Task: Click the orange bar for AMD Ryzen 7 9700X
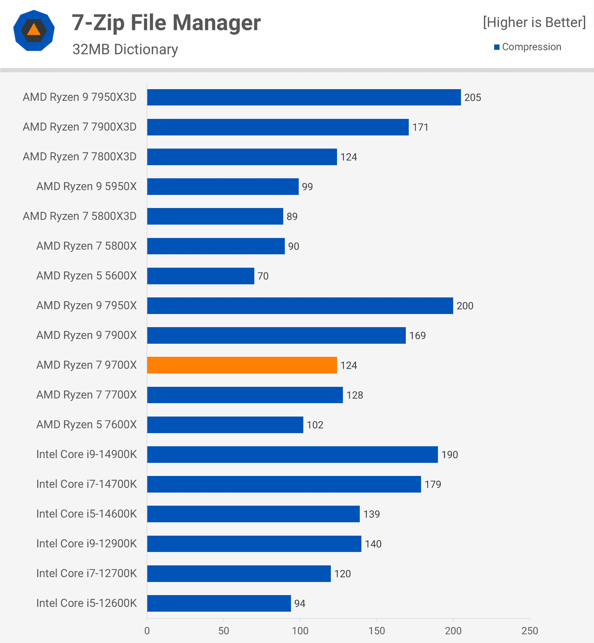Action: pos(242,365)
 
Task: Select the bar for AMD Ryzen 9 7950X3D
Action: pos(304,97)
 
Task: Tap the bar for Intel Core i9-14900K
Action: pos(292,454)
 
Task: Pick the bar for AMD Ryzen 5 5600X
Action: pos(200,276)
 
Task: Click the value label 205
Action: pos(473,98)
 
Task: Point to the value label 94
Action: pos(300,604)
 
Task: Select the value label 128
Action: pos(355,395)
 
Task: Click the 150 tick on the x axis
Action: pos(376,631)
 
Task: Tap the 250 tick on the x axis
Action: pos(529,631)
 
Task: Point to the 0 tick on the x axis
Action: pos(147,631)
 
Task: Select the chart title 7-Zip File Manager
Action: pos(166,23)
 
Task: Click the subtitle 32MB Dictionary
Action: pos(125,49)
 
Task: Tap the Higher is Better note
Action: pos(534,23)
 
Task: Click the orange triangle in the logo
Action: pos(34,30)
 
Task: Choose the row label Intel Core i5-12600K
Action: pos(87,603)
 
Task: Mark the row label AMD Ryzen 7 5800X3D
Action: pos(79,216)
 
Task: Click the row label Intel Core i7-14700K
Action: pos(87,484)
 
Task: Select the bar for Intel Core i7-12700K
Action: pos(239,574)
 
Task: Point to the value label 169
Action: pos(417,336)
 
